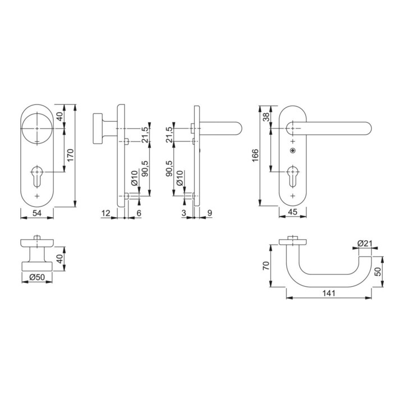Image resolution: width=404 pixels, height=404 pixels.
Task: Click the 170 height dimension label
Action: pyautogui.click(x=70, y=155)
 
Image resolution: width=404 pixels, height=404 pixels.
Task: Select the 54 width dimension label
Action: pyautogui.click(x=37, y=213)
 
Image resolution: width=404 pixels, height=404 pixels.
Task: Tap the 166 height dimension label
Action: pyautogui.click(x=255, y=155)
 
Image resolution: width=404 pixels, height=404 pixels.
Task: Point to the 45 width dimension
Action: pyautogui.click(x=293, y=212)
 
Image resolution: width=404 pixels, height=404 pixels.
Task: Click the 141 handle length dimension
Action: pyautogui.click(x=329, y=293)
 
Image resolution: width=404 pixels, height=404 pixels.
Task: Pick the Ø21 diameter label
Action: pyautogui.click(x=365, y=243)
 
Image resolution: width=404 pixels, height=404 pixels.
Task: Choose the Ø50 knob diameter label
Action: pyautogui.click(x=37, y=277)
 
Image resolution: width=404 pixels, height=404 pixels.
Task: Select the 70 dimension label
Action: pyautogui.click(x=265, y=265)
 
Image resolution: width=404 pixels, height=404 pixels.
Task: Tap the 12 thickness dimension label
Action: pyautogui.click(x=106, y=213)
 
